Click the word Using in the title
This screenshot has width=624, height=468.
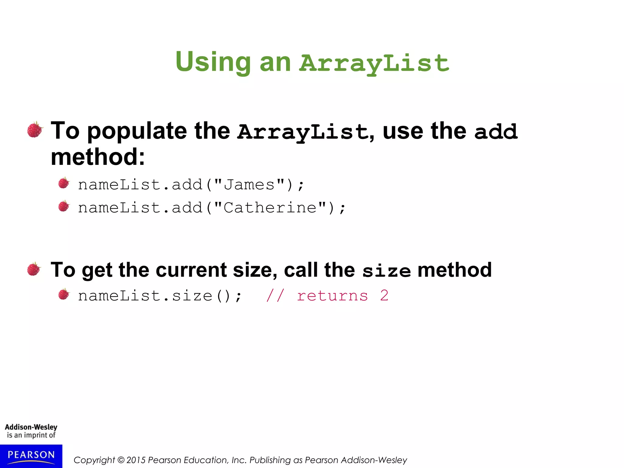(213, 62)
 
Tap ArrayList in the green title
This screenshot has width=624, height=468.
(374, 63)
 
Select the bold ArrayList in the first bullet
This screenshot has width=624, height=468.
(303, 132)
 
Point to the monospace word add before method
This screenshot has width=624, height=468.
(496, 132)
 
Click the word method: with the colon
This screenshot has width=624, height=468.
(98, 157)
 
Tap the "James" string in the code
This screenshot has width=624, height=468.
(249, 185)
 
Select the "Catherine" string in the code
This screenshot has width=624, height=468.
(270, 208)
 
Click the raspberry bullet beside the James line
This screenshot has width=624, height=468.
(64, 183)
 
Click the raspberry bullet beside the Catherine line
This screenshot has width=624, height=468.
(64, 206)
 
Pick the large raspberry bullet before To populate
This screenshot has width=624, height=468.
(35, 130)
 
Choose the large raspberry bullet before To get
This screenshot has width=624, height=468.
(34, 269)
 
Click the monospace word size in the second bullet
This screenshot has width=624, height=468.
(386, 271)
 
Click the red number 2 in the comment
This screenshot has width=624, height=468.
(384, 296)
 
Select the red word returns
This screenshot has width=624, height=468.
(332, 296)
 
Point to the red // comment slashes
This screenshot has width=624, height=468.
(275, 296)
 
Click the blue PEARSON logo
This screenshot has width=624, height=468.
(31, 456)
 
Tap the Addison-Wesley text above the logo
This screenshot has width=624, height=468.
(31, 427)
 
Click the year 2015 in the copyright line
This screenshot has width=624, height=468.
(136, 460)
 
